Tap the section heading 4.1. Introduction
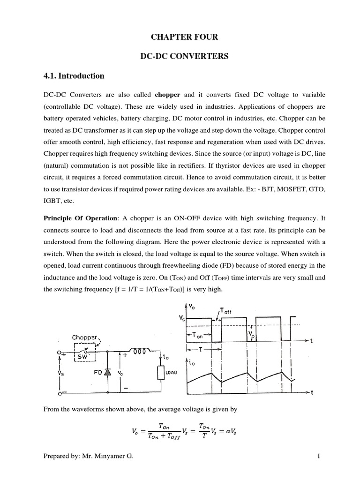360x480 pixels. click(74, 75)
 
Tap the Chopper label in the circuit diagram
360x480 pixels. click(85, 337)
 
